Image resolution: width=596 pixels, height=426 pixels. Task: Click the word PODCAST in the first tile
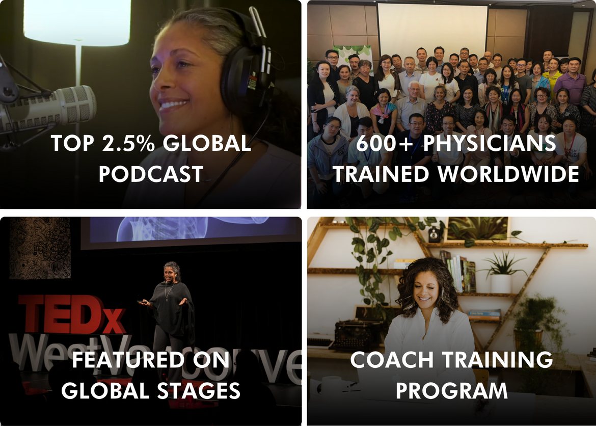pyautogui.click(x=151, y=174)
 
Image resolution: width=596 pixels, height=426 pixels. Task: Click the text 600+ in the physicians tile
pyautogui.click(x=386, y=143)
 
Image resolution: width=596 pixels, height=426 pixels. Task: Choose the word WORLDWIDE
pyautogui.click(x=508, y=174)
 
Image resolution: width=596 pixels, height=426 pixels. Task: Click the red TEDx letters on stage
pyautogui.click(x=72, y=314)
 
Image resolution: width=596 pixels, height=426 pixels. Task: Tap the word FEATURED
pyautogui.click(x=128, y=360)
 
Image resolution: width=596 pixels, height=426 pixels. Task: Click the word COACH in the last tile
pyautogui.click(x=392, y=360)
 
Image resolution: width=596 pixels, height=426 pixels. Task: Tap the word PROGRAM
pyautogui.click(x=451, y=391)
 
